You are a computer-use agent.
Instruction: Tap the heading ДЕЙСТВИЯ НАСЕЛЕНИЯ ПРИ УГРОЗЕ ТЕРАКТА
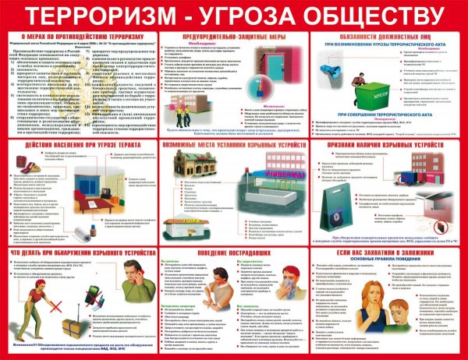pos(82,146)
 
